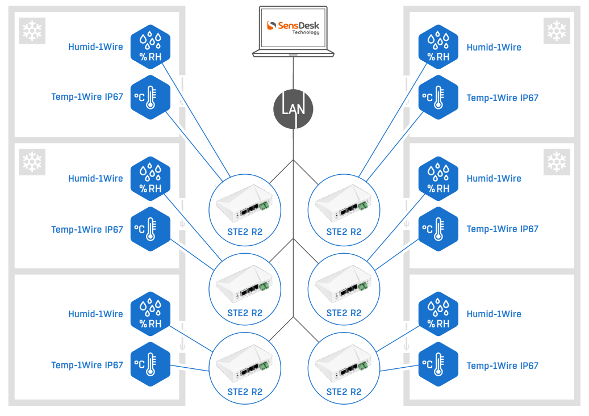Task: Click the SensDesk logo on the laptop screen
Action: tap(293, 26)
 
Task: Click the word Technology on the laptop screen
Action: tap(306, 32)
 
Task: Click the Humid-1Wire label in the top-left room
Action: tap(95, 47)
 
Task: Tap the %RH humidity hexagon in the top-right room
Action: tap(438, 47)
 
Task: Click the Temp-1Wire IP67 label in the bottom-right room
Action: tap(502, 365)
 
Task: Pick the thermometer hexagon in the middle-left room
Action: tap(151, 229)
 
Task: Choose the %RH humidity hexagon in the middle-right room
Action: tap(438, 178)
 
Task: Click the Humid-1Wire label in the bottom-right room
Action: tap(494, 314)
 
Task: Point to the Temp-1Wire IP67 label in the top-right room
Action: tap(502, 98)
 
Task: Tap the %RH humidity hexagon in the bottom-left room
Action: tap(151, 314)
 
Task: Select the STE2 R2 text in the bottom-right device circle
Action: tap(344, 392)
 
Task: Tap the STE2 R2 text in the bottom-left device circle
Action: tap(245, 392)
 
